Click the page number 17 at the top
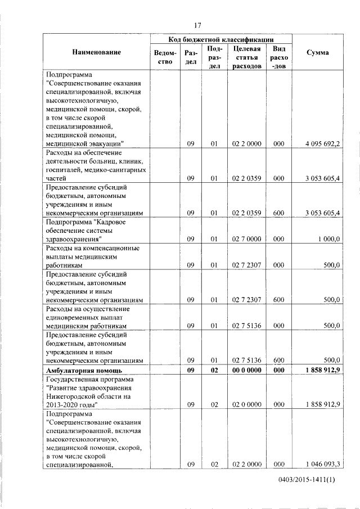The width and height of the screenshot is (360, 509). pos(197,25)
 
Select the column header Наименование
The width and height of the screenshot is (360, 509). pos(96,52)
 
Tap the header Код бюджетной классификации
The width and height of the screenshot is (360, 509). pos(221,39)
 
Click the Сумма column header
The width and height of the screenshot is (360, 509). pos(318,52)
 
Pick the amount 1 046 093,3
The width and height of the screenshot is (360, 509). pos(322,464)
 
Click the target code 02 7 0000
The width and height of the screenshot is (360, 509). pos(247,238)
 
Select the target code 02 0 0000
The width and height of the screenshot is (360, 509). pos(247,404)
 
